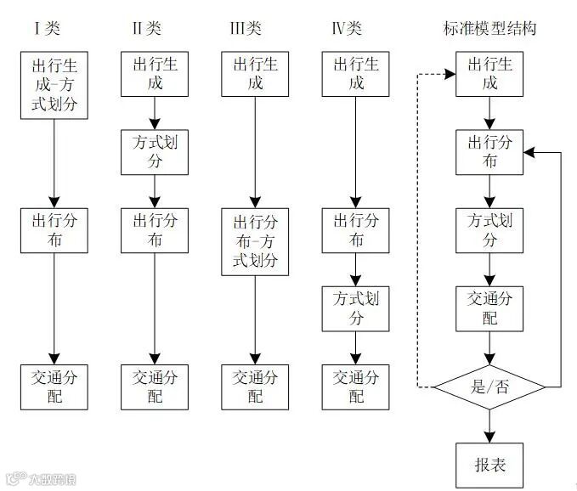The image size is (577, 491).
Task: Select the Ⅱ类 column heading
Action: coord(145,29)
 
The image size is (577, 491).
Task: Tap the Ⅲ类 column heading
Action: coord(246,29)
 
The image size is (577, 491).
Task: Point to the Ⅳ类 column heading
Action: coord(346,29)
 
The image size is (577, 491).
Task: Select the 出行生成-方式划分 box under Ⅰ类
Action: coord(54,85)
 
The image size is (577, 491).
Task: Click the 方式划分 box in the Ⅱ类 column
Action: coord(155,151)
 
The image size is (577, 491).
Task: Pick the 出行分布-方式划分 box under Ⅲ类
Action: coord(255,241)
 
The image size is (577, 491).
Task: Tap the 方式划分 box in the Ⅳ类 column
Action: coord(356,309)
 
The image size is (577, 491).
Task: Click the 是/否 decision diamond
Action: coord(489,388)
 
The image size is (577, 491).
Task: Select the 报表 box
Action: coord(489,465)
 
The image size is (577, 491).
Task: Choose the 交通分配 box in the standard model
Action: coord(489,308)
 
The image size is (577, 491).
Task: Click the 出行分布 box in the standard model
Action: coord(489,151)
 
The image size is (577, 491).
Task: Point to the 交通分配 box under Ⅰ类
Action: coord(54,387)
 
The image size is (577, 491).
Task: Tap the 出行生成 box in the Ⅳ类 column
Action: coord(356,73)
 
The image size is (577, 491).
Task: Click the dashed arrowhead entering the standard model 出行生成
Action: coord(451,73)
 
